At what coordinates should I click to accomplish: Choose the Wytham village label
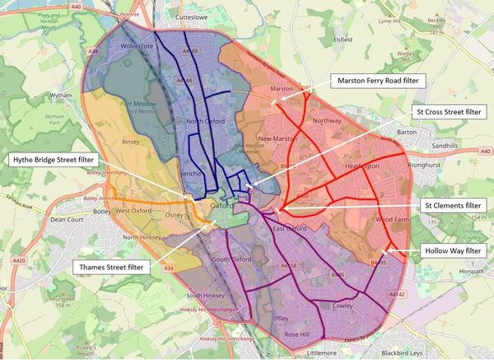38,95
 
